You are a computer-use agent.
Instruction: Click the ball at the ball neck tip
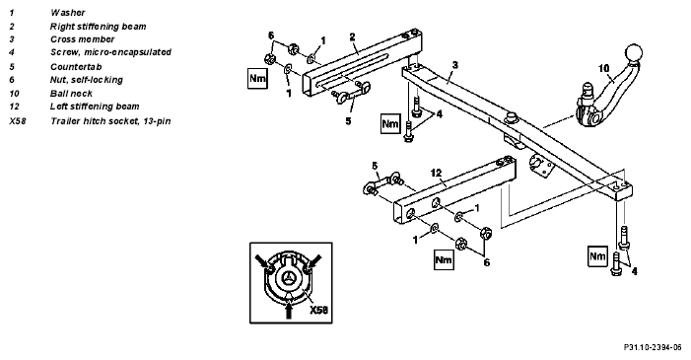coord(633,53)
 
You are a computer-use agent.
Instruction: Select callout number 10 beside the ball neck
coord(603,68)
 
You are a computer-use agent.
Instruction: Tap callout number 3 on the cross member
coord(455,65)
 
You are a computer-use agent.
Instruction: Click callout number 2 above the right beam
coord(352,37)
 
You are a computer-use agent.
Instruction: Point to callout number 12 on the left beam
coord(436,173)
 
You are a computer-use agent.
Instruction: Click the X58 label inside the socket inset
coord(318,310)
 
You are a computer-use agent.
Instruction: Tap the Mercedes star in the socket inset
coord(289,277)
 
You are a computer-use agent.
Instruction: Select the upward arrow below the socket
coord(289,308)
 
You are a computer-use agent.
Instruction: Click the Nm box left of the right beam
coord(258,79)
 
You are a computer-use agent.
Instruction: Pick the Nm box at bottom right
coord(598,256)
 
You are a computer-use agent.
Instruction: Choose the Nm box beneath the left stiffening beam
coord(444,259)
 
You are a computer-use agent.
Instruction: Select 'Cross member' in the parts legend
coord(83,39)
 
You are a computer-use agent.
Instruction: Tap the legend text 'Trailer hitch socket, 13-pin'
coord(110,121)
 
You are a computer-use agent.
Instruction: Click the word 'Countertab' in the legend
coord(76,67)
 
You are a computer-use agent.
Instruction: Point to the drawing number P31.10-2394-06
coord(653,347)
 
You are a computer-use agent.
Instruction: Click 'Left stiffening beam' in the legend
coord(95,107)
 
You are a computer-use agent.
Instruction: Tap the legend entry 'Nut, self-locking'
coord(87,80)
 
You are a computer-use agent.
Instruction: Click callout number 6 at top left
coord(271,36)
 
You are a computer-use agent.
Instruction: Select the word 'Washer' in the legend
coord(67,13)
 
